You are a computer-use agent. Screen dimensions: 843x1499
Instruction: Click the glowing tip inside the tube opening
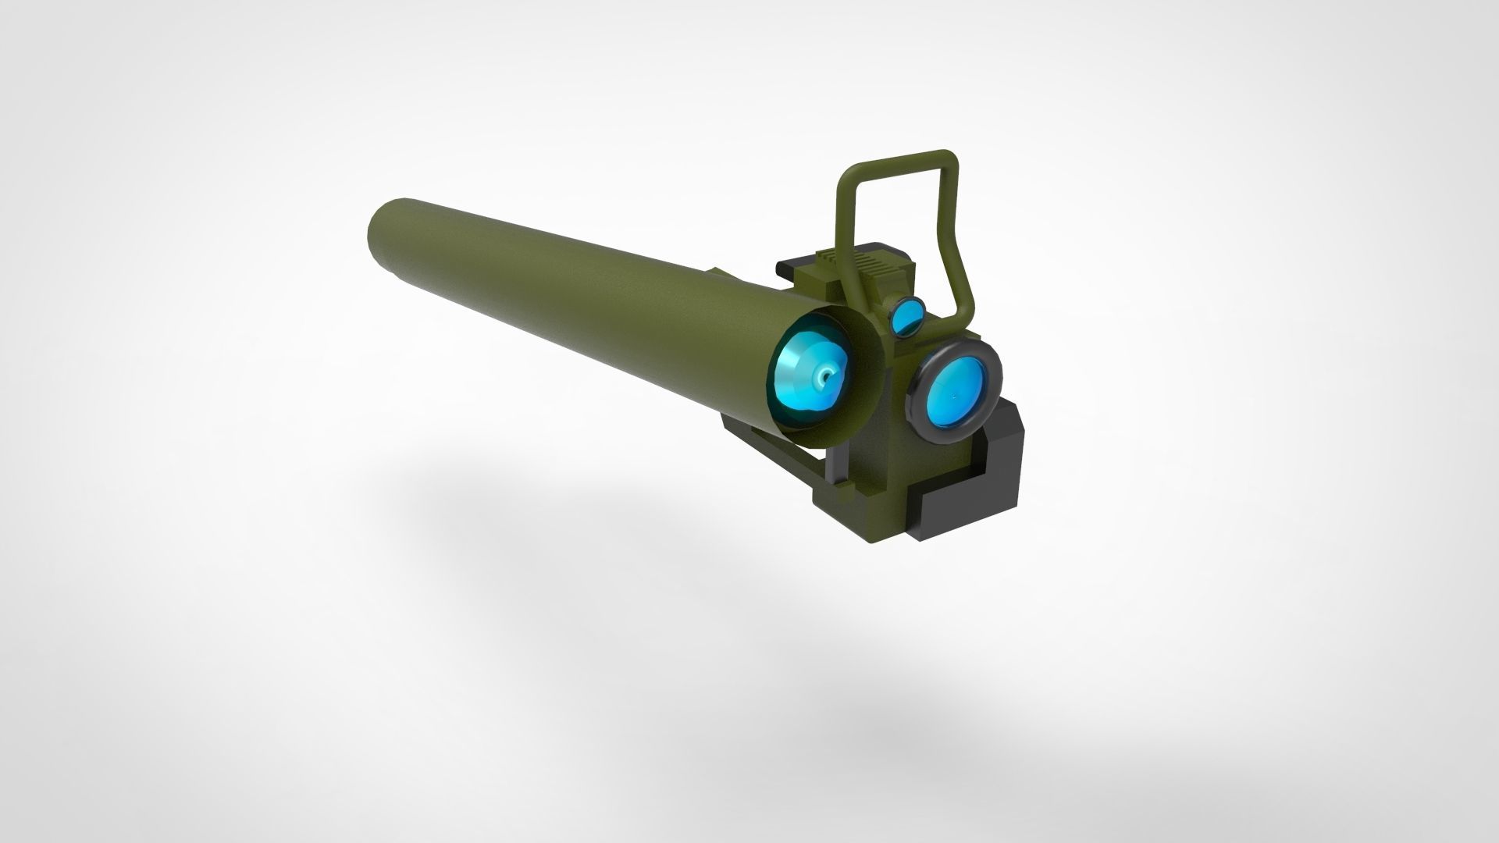(x=824, y=379)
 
